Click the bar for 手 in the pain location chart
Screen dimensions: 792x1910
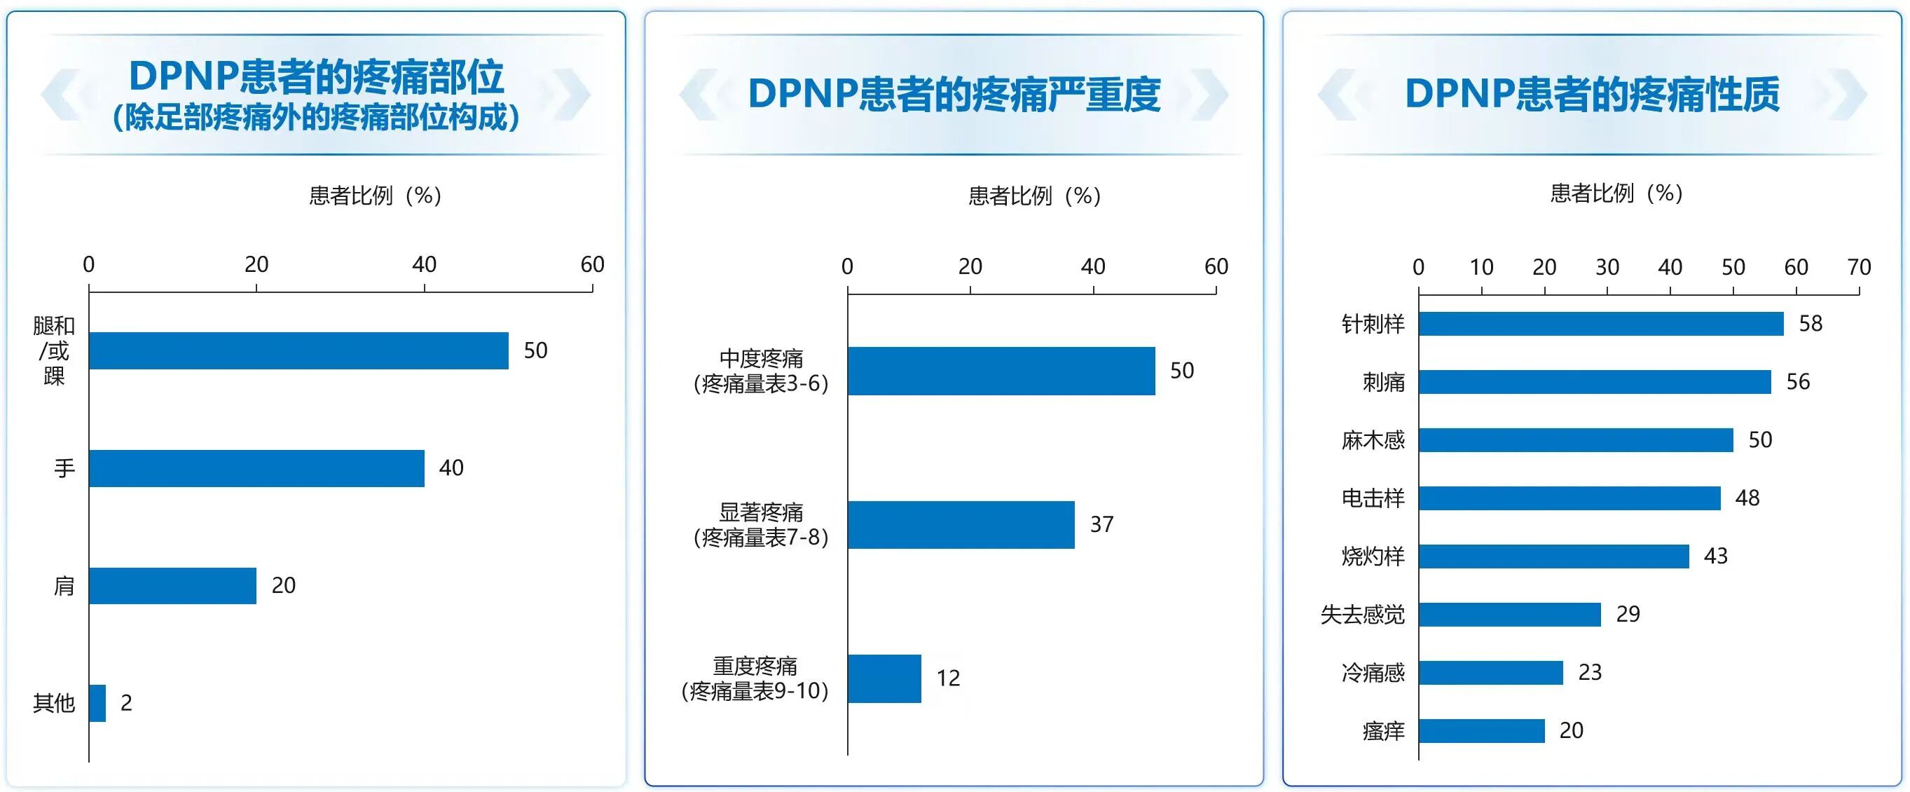tap(256, 468)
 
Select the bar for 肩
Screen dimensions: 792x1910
tap(173, 586)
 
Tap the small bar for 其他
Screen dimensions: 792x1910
tap(97, 703)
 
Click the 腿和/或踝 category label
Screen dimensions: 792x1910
tap(54, 350)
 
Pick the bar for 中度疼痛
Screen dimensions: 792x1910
tap(1001, 371)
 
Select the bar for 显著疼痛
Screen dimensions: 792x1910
tap(961, 525)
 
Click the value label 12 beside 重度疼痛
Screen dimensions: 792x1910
tap(948, 678)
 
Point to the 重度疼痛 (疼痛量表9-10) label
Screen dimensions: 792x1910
tap(755, 678)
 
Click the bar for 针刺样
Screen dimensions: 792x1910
tap(1601, 324)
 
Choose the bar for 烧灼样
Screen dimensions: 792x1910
tap(1554, 557)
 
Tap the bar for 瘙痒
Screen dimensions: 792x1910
tap(1481, 730)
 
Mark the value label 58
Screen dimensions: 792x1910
tap(1811, 323)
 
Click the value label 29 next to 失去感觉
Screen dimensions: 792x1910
tap(1628, 614)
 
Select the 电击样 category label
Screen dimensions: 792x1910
tap(1373, 498)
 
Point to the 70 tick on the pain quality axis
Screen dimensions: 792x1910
tap(1859, 267)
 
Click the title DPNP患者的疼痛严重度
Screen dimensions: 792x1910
tap(954, 94)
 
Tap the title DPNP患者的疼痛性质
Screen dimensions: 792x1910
tap(1592, 94)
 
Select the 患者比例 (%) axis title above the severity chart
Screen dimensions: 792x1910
tap(1034, 196)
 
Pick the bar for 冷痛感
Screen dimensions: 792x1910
tap(1491, 673)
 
